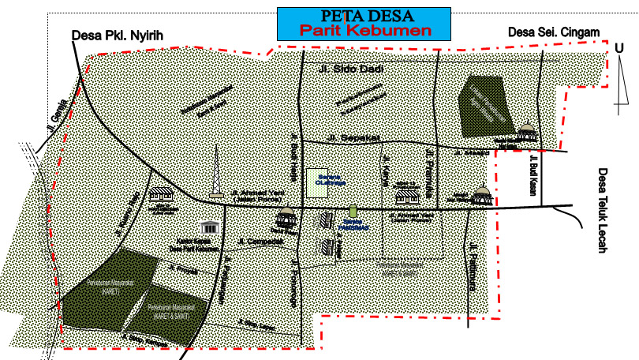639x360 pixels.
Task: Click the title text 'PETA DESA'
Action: pyautogui.click(x=364, y=16)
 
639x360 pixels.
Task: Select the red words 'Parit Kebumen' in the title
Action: pyautogui.click(x=364, y=31)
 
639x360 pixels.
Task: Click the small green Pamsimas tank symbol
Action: pyautogui.click(x=353, y=212)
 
